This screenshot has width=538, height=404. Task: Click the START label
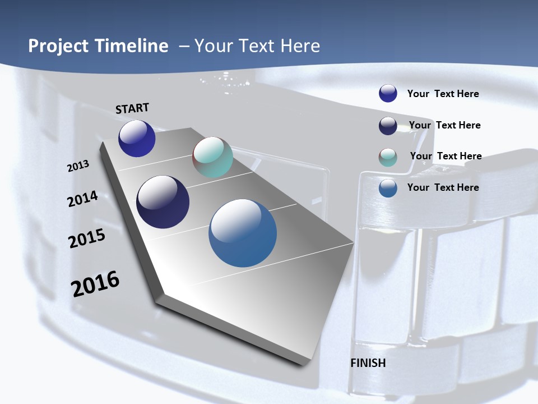(132, 108)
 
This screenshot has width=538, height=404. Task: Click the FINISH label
(368, 363)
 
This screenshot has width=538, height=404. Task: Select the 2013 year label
(78, 166)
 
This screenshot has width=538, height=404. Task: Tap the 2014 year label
(83, 199)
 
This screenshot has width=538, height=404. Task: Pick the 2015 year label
(87, 238)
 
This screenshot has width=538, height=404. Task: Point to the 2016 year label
(95, 283)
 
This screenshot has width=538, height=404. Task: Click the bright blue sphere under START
(137, 139)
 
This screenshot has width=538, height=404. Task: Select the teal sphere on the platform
(212, 157)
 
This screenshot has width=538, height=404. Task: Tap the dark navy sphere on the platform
(163, 202)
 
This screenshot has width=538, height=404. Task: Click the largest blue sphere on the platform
(243, 233)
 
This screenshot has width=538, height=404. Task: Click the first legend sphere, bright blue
(388, 94)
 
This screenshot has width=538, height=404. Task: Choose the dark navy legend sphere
(388, 126)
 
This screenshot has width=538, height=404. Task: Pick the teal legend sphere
(388, 157)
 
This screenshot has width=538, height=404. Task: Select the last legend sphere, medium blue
(388, 188)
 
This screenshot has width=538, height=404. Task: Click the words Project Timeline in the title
(98, 46)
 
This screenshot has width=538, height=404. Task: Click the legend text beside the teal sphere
(446, 156)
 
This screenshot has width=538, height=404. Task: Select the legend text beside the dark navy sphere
(444, 125)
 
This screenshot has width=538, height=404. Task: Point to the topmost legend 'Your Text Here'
(443, 94)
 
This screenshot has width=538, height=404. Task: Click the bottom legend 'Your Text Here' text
(443, 187)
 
